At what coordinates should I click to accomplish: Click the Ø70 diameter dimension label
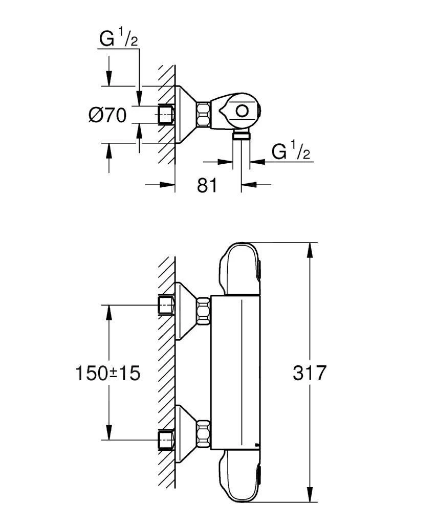[107, 115]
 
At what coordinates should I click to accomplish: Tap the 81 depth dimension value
[207, 185]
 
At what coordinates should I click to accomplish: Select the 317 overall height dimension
[309, 373]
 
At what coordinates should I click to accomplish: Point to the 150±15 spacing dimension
[108, 374]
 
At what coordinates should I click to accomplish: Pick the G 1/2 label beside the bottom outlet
[291, 151]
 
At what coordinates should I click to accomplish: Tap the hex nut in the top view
[204, 115]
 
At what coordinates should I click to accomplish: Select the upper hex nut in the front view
[204, 311]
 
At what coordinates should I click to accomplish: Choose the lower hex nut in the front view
[204, 433]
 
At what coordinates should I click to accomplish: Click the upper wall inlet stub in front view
[166, 305]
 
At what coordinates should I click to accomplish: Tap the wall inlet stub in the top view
[166, 115]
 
